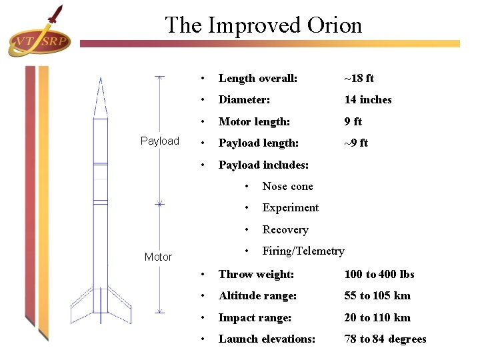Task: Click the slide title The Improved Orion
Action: [263, 25]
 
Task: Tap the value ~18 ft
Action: [359, 79]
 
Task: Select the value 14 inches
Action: [367, 100]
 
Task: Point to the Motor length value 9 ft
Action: [353, 121]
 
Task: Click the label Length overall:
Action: [257, 79]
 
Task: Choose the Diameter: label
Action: [243, 100]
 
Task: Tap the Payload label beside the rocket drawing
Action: [160, 141]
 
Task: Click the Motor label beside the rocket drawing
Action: [158, 257]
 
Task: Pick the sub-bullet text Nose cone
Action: [287, 186]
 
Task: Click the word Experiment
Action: [290, 207]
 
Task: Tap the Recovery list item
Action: [285, 229]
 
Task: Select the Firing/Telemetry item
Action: [303, 251]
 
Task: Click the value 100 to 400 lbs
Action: [379, 274]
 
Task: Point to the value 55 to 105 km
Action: [377, 295]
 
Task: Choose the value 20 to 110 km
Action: [377, 317]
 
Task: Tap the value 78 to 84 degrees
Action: [385, 339]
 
